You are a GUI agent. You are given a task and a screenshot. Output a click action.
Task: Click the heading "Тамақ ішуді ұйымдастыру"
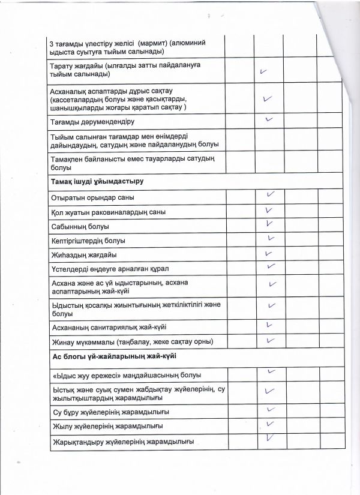point(97,181)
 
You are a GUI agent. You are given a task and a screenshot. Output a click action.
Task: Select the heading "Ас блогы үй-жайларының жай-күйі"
point(113,356)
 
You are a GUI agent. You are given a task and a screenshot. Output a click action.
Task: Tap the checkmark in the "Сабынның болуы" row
point(269,224)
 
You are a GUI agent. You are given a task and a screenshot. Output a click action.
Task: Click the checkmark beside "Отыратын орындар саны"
point(270,194)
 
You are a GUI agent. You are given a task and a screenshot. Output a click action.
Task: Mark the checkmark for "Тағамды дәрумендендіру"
point(269,119)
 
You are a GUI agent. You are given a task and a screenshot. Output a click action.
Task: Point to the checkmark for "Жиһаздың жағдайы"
point(269,253)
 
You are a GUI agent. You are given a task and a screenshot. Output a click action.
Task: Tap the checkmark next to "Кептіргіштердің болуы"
point(271,238)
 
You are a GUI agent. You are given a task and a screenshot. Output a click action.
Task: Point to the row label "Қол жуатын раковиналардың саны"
point(109,212)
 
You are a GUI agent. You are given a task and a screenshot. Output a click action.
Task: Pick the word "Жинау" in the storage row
point(64,342)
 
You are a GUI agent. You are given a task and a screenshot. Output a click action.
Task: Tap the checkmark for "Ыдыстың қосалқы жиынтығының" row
point(272,305)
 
